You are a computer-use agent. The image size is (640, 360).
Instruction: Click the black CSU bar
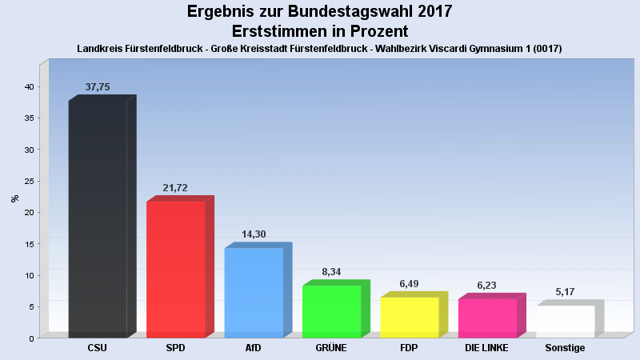click(98, 218)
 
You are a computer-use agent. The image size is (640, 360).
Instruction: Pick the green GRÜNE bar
click(332, 311)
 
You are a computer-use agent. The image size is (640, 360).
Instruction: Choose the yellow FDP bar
click(410, 317)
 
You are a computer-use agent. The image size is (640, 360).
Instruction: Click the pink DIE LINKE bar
click(487, 318)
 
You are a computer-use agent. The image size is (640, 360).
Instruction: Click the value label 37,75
click(98, 87)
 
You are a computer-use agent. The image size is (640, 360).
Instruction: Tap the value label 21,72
click(175, 188)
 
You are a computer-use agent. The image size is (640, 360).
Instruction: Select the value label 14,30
click(254, 234)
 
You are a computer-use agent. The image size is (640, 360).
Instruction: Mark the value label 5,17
click(566, 291)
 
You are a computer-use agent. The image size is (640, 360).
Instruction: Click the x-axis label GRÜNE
click(331, 348)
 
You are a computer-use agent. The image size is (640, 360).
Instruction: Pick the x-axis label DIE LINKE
click(487, 348)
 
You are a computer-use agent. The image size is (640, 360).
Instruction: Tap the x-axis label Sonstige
click(565, 348)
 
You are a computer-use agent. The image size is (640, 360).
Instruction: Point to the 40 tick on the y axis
click(28, 86)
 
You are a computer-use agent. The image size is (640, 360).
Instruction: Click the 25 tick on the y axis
click(28, 181)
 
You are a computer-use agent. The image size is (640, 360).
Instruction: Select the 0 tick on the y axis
click(30, 338)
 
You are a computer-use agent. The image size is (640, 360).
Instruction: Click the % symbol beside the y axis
click(14, 198)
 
